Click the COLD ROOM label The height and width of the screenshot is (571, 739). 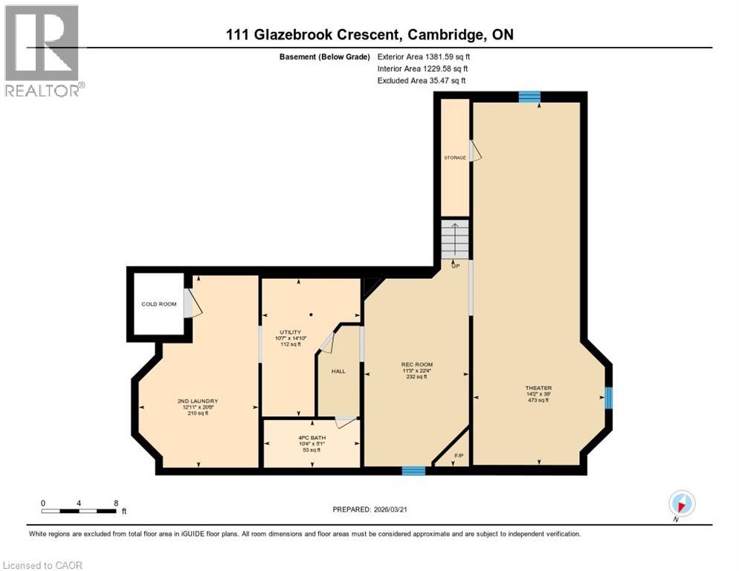(159, 304)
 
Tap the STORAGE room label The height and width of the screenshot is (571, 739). (455, 158)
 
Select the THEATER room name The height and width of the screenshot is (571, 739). (538, 387)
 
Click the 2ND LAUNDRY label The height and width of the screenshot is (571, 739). (199, 401)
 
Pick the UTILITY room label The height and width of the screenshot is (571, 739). (290, 332)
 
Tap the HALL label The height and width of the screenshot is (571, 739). (339, 371)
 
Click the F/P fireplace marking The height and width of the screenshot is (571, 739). (459, 455)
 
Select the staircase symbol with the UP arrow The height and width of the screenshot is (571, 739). (455, 239)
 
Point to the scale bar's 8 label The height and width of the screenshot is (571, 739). (116, 502)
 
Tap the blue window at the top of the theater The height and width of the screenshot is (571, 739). (529, 97)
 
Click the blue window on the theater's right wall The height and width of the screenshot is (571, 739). (608, 398)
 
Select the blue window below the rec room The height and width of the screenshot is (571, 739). (413, 471)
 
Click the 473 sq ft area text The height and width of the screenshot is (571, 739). (538, 400)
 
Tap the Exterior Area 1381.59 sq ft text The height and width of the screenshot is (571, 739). (424, 57)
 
